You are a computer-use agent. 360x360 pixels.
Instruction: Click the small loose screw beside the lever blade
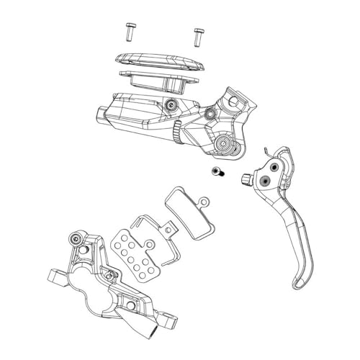217,172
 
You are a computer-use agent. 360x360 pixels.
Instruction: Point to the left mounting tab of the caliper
53,276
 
